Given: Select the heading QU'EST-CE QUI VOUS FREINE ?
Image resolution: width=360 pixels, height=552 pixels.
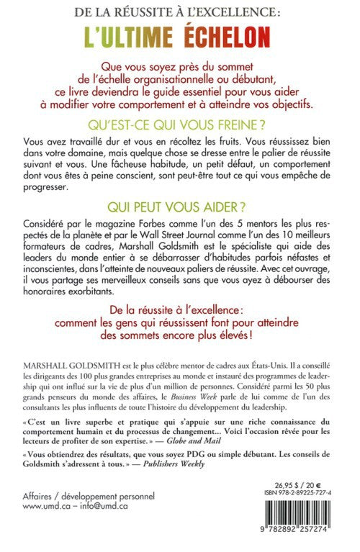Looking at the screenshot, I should coord(179,123).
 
